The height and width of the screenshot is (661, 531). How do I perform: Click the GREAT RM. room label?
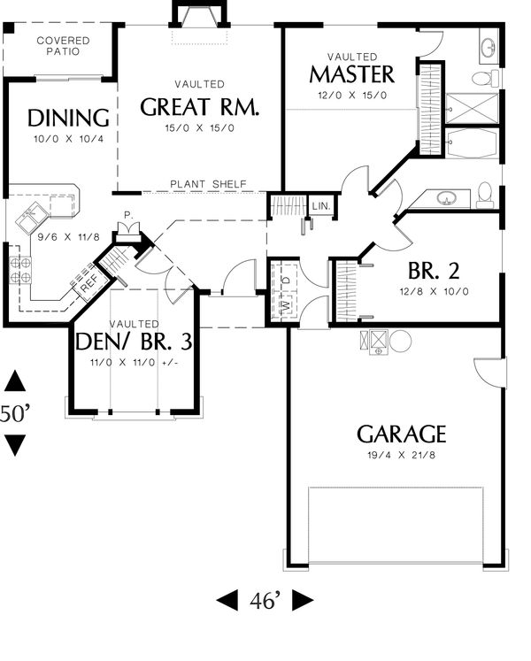point(200,107)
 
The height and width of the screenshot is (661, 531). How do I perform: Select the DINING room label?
point(68,118)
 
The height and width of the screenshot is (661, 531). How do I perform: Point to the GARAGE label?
point(401,434)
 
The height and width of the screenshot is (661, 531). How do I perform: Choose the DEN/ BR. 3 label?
point(134,340)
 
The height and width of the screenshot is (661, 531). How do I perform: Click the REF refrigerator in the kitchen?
point(89,285)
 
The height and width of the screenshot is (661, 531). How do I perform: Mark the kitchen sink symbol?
point(34,212)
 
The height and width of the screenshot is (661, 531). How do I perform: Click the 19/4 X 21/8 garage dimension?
point(400,457)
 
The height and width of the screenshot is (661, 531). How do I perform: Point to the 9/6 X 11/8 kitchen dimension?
point(56,236)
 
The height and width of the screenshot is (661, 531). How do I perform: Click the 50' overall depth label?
point(15,413)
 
